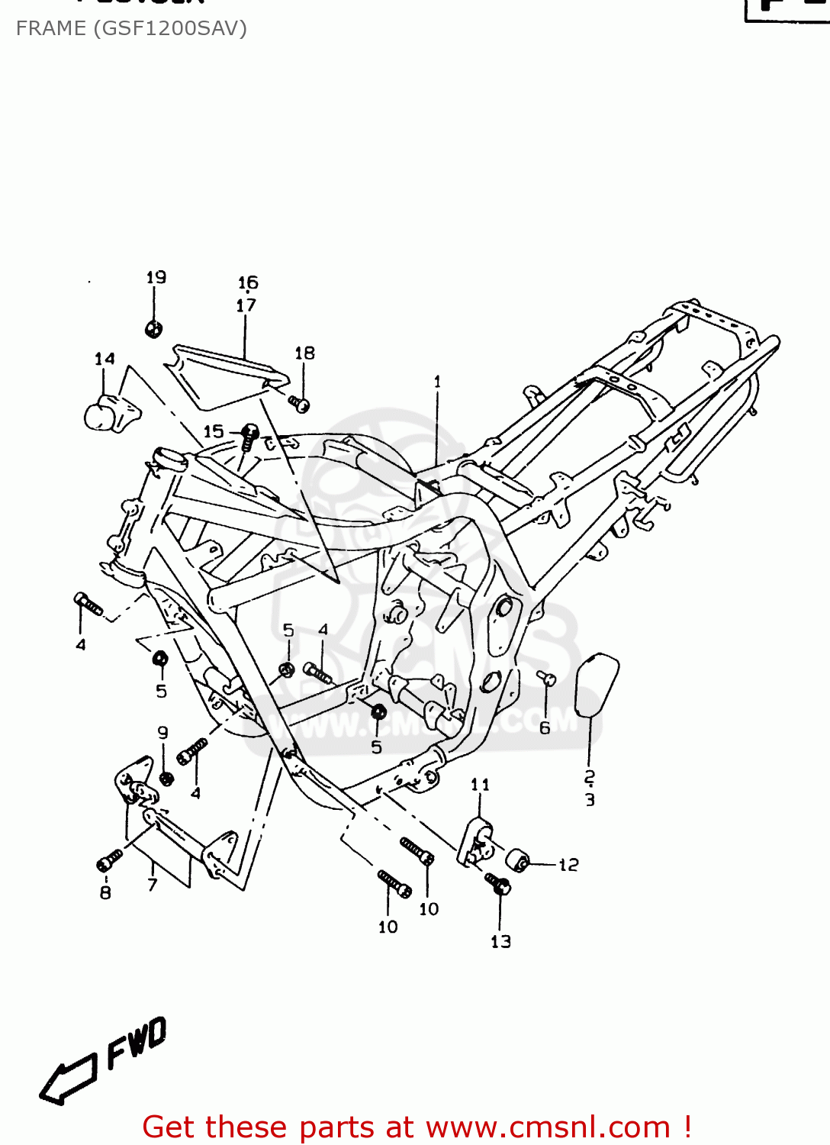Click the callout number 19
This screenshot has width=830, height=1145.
coord(156,277)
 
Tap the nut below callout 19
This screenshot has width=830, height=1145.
coord(153,329)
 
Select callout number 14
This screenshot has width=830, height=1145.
coord(105,359)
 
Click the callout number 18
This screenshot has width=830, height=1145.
coord(304,353)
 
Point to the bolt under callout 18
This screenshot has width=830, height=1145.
coord(299,402)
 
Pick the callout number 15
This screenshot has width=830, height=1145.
coord(214,431)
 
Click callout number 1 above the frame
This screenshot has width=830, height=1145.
coord(437,381)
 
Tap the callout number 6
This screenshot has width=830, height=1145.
coord(545,728)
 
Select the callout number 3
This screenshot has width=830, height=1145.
coord(590,800)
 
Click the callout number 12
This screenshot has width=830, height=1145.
coord(569,865)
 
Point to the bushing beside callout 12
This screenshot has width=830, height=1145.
coord(519,859)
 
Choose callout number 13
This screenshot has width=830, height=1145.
coord(500,941)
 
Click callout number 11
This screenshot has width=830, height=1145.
coord(480,785)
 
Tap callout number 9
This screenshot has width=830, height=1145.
coord(162,733)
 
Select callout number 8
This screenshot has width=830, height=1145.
coord(105,892)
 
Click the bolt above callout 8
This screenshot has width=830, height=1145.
coord(110,861)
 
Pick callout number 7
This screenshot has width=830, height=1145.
coord(153,885)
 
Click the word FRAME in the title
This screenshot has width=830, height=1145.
coord(50,28)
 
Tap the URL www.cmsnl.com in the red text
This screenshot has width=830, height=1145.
coord(548,1127)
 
